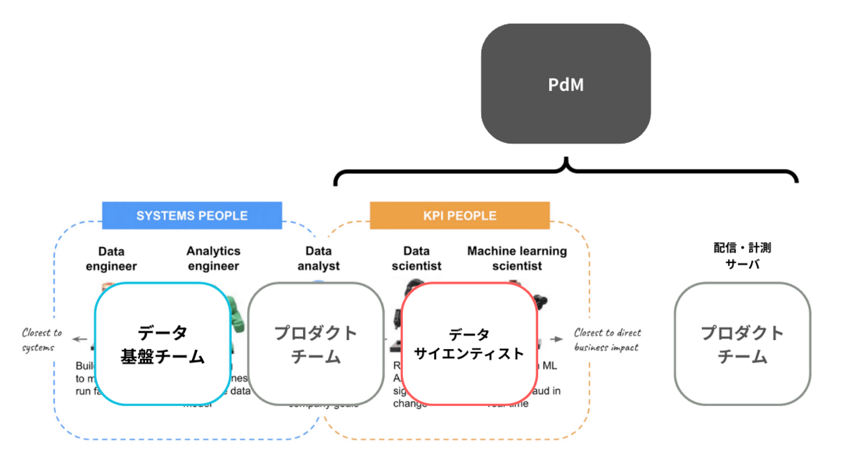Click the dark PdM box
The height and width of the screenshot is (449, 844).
coord(565,84)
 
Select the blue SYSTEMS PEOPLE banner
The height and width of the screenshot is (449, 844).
coord(192,215)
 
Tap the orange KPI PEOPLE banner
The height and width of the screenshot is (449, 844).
coord(460,215)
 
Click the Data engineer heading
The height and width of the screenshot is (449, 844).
coord(111,258)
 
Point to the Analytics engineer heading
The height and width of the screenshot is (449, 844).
coord(213,258)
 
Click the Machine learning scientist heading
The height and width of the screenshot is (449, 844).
coord(517,258)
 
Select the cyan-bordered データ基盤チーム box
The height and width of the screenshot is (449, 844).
coord(162,344)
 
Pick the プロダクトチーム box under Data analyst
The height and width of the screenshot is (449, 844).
coord(316,344)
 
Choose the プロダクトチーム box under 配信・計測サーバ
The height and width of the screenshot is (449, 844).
coord(742,344)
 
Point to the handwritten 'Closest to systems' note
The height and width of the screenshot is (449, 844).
coord(41,340)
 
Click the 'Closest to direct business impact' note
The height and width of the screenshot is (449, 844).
coord(608,339)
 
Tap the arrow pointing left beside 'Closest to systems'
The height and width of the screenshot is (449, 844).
coord(79,340)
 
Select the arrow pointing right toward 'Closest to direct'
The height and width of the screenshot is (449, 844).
coord(556,339)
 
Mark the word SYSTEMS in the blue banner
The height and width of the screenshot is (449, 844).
coord(163,215)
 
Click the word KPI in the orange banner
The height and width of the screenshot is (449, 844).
coord(435,215)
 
